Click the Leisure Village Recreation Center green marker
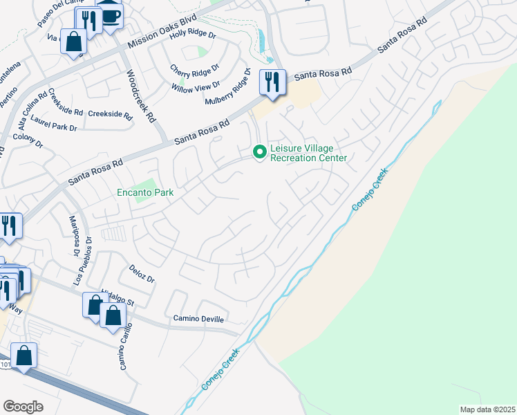click(x=260, y=151)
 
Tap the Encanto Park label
click(x=144, y=193)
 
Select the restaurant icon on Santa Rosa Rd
click(x=272, y=82)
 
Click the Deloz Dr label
click(x=142, y=273)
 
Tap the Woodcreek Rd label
click(x=139, y=95)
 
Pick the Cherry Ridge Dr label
click(x=195, y=69)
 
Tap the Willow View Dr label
click(x=196, y=86)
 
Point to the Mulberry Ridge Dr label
click(x=227, y=86)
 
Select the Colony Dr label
click(x=28, y=140)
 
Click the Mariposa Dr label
click(x=74, y=236)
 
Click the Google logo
click(x=23, y=407)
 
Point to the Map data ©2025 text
click(x=487, y=409)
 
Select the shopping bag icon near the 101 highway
click(x=24, y=356)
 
